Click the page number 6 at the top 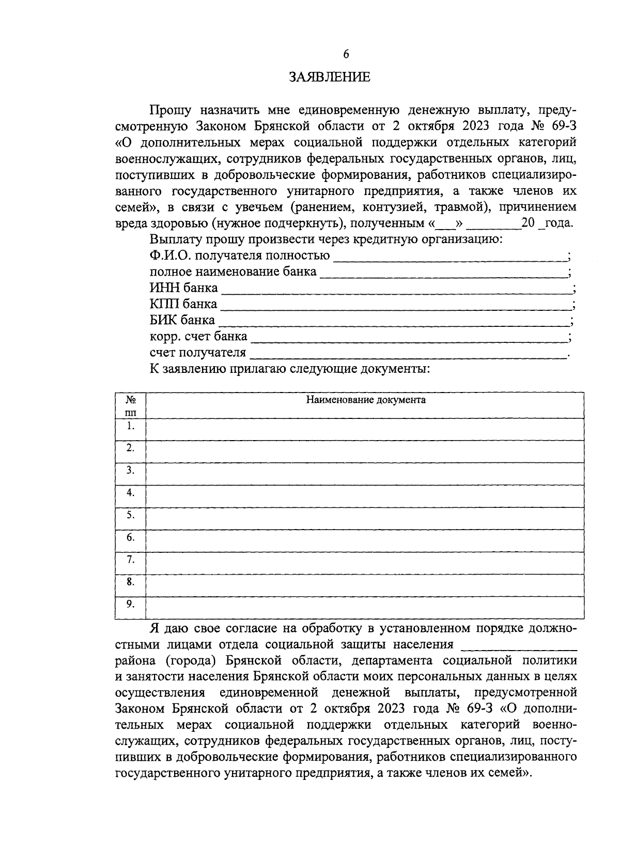(346, 54)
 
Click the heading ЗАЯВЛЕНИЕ (329, 78)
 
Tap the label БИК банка (182, 320)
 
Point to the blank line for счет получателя (408, 354)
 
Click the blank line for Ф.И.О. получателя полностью (450, 257)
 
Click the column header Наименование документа (366, 400)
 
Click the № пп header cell (131, 405)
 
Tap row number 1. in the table (131, 426)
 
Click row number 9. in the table (131, 604)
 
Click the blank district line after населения (518, 646)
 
